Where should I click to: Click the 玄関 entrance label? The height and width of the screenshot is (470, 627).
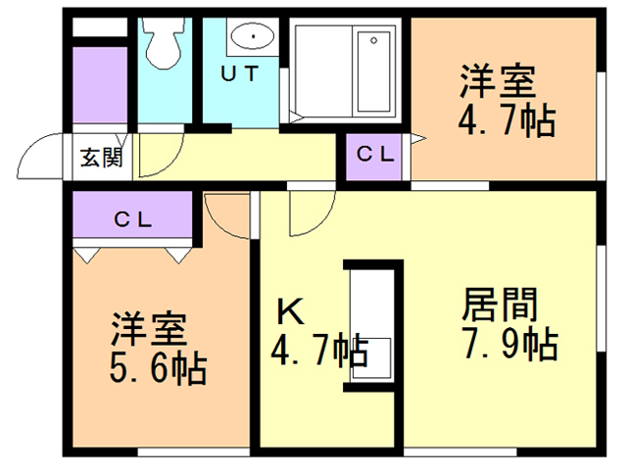pyautogui.click(x=101, y=158)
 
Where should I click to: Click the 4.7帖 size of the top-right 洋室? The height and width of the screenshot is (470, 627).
pyautogui.click(x=506, y=121)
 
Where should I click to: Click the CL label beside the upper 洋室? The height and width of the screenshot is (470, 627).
pyautogui.click(x=374, y=154)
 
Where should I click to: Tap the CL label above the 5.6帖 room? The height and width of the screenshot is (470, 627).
pyautogui.click(x=133, y=219)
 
